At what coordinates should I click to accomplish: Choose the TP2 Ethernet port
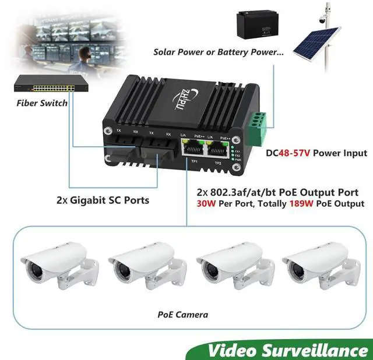219,150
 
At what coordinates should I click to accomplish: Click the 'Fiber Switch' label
42,104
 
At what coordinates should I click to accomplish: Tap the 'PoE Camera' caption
182,314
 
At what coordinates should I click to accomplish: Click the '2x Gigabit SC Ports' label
103,200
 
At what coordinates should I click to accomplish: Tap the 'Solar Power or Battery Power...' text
219,52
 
